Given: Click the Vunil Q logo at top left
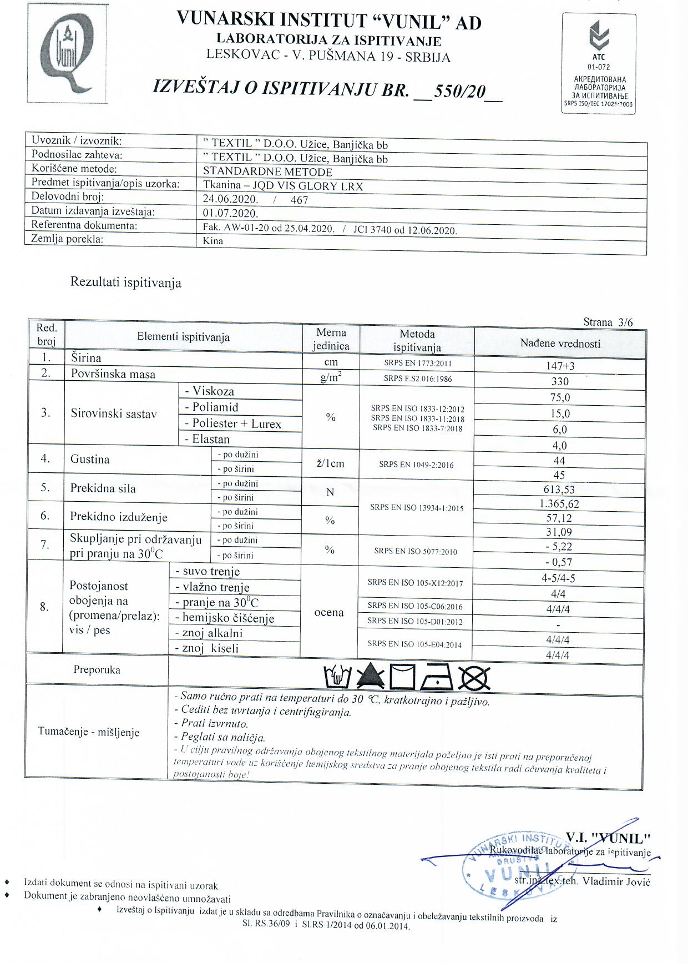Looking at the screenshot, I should point(67,54).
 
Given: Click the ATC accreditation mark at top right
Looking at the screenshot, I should point(599,64).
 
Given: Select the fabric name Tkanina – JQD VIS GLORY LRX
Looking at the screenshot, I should point(283,186).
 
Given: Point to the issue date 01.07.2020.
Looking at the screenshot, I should point(231,214).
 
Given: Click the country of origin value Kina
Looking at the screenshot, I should point(213,241).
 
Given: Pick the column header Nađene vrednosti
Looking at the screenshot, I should point(560,344).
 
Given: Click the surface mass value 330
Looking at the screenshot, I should point(560,381).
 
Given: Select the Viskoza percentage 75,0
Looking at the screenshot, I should point(560,397).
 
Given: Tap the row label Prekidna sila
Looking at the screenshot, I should point(103,489).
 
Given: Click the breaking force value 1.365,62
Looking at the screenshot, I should point(559,504).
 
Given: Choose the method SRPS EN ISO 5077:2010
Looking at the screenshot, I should point(415,551).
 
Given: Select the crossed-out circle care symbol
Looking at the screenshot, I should point(474,677).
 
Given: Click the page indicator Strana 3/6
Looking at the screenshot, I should point(608,322).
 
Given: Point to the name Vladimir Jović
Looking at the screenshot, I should point(616,881).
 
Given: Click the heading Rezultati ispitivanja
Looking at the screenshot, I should point(125,283).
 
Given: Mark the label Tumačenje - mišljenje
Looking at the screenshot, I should point(89,732).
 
